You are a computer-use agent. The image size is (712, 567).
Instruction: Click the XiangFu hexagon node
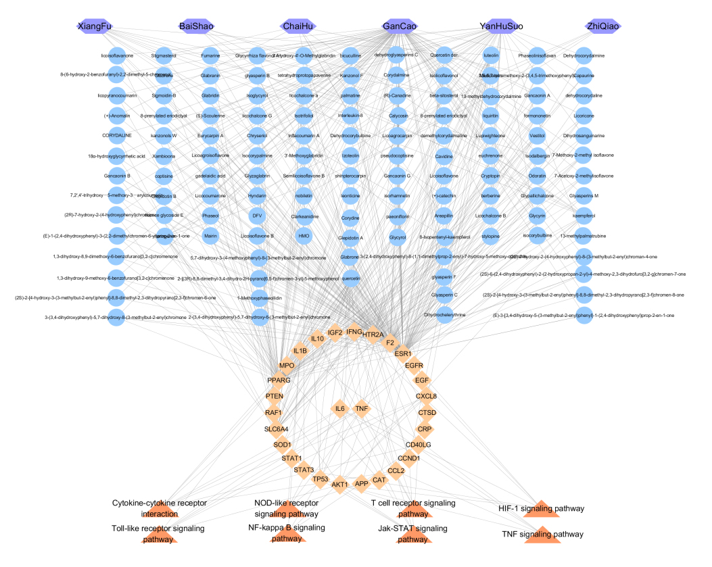pos(95,26)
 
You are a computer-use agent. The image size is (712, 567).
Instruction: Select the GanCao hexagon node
pos(399,26)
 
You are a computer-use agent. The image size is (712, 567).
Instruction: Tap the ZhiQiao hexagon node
pos(603,26)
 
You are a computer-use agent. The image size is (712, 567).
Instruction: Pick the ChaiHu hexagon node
pos(298,26)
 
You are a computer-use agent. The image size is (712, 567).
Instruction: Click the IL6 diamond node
pos(340,409)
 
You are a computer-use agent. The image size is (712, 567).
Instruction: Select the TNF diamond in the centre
pos(362,409)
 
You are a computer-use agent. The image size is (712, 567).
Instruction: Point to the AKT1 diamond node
pos(339,484)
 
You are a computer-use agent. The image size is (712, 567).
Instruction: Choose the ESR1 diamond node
pos(403,353)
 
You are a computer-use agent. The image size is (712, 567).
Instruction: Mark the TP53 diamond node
pos(320,479)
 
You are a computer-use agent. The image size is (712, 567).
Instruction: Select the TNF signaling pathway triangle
pos(543,534)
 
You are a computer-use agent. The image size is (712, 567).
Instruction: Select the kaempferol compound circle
pos(584,216)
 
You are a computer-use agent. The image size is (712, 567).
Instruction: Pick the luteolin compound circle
pos(491,56)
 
